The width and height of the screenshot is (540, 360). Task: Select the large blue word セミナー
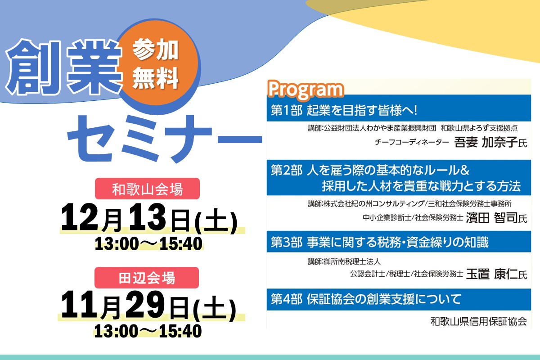tap(165, 139)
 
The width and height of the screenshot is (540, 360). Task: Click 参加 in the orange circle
tap(156, 49)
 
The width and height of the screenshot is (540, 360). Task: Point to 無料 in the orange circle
tap(156, 78)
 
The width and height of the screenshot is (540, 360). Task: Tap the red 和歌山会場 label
tap(147, 189)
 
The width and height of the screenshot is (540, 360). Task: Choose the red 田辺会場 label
tap(147, 278)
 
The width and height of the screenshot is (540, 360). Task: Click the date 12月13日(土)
tap(149, 218)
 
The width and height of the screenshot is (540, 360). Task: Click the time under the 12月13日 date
tap(148, 243)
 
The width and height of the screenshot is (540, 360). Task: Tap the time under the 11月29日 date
tap(148, 331)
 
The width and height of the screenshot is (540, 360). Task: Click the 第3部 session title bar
tap(399, 242)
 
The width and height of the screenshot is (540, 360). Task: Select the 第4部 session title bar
tap(399, 300)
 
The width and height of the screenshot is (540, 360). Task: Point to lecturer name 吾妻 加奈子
tap(486, 142)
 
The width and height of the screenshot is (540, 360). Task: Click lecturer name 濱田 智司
tap(492, 218)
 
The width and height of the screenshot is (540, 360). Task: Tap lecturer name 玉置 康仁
tap(492, 274)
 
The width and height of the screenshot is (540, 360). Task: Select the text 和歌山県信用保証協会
tap(478, 321)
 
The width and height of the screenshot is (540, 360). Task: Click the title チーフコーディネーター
tap(412, 143)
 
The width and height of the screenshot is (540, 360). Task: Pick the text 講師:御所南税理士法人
tap(344, 261)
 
